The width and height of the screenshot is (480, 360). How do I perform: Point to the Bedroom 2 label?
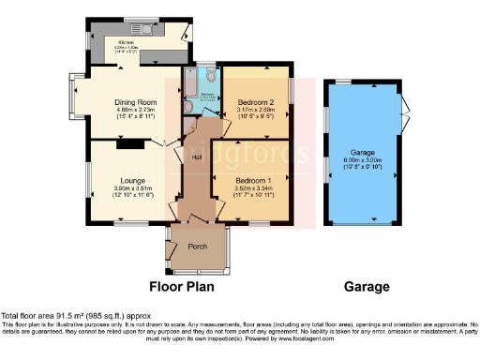255,101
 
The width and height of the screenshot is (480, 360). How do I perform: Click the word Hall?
197,157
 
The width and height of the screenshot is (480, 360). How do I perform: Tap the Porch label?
197,246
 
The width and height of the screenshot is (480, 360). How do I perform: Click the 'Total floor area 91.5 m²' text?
56,316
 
